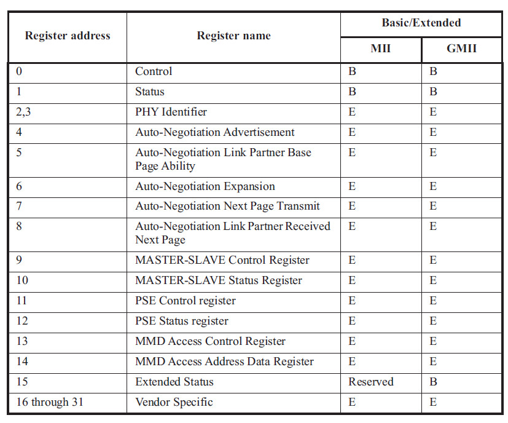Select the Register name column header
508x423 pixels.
click(233, 36)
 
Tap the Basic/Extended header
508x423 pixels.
click(421, 23)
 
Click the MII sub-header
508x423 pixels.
click(381, 48)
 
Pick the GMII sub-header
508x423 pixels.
click(461, 48)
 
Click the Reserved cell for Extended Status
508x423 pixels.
click(370, 382)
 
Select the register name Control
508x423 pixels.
click(154, 71)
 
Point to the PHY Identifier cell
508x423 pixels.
click(171, 112)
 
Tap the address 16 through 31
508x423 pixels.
click(50, 402)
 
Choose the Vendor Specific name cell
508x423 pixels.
click(174, 402)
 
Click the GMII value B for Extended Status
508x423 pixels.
click(433, 382)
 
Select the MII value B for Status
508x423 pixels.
click(352, 92)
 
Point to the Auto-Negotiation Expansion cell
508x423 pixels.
click(205, 186)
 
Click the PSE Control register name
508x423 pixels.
click(185, 301)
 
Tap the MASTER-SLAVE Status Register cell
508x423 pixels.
click(218, 280)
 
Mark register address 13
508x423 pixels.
click(21, 341)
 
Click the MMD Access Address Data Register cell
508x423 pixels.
click(224, 362)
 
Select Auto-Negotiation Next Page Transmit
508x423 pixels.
click(227, 206)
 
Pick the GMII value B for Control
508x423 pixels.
click(433, 71)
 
